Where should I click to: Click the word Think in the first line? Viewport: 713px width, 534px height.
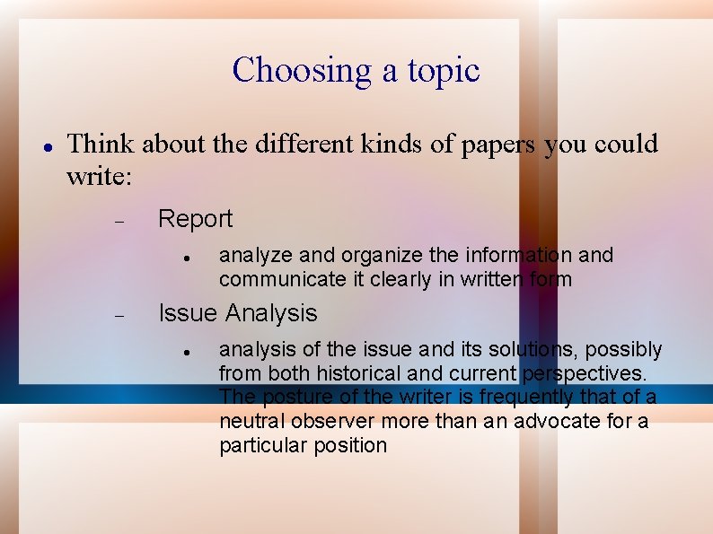pyautogui.click(x=101, y=144)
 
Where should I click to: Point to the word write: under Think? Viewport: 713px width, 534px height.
pyautogui.click(x=100, y=176)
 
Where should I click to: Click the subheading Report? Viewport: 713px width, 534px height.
pyautogui.click(x=195, y=219)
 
